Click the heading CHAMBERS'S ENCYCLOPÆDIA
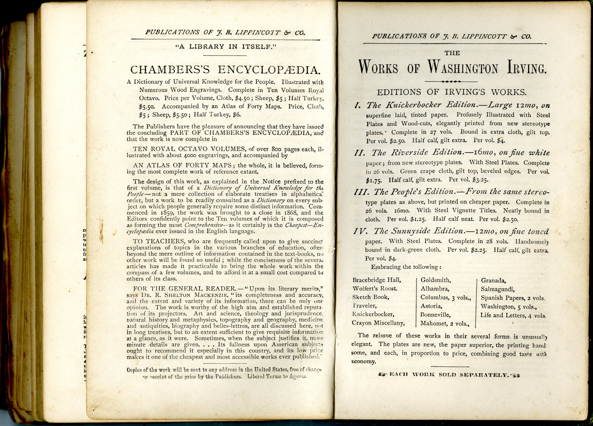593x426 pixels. (225, 70)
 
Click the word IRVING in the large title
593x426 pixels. (527, 68)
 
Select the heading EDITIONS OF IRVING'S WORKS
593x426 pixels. (452, 92)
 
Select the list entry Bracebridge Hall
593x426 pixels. (376, 280)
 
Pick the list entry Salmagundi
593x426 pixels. (498, 289)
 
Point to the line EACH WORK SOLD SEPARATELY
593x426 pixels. (449, 375)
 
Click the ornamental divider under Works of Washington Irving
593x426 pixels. (451, 82)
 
